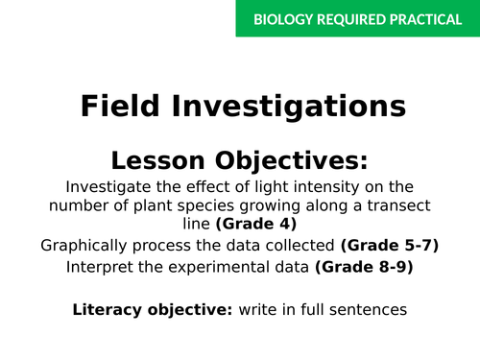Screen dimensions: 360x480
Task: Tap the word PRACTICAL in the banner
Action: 423,19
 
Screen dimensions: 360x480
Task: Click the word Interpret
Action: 100,267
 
